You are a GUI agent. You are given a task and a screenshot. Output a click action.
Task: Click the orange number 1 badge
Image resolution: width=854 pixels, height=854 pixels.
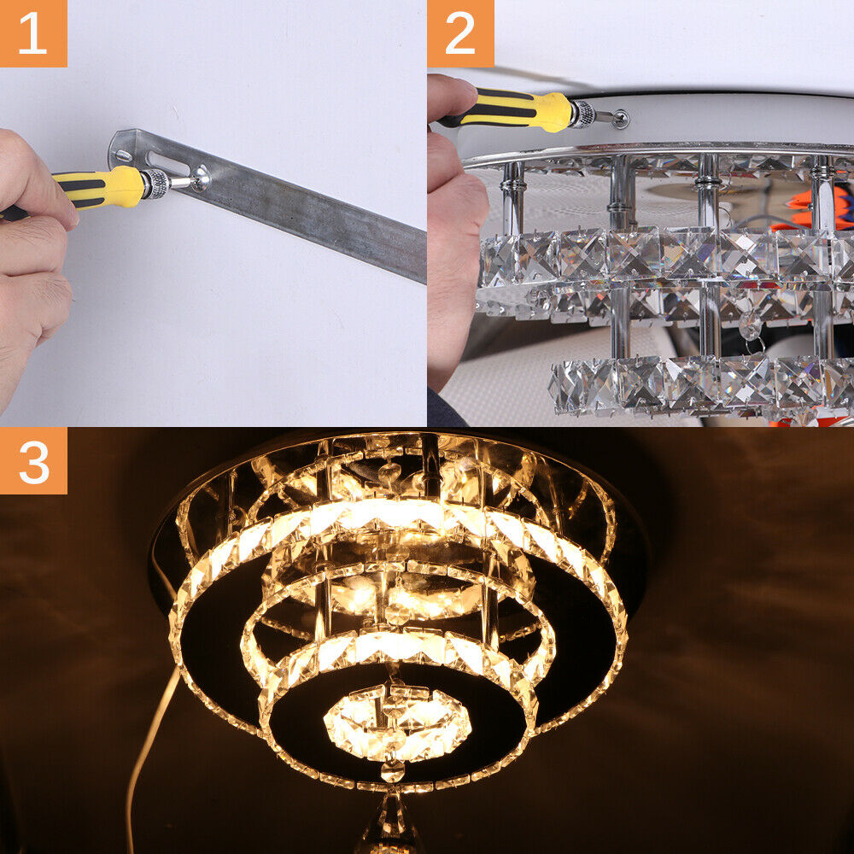pos(33,33)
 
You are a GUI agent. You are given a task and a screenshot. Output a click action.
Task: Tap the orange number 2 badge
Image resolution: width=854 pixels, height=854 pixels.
pos(460,33)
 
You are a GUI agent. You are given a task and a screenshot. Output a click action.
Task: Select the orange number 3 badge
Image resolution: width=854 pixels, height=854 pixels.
pos(33,461)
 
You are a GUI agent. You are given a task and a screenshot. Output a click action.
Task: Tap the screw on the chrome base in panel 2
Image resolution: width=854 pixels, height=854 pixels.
pos(620,118)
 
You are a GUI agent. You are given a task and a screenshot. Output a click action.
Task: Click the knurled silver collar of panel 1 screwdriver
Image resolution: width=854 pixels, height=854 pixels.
pos(155,184)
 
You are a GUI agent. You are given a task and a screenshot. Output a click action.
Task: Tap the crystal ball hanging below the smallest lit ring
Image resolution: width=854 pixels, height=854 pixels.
pos(392,770)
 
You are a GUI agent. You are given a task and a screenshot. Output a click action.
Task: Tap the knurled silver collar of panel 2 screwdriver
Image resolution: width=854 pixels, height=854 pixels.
pos(582,114)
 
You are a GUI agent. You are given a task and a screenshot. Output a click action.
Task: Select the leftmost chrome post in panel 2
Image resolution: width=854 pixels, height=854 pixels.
pos(512,199)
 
